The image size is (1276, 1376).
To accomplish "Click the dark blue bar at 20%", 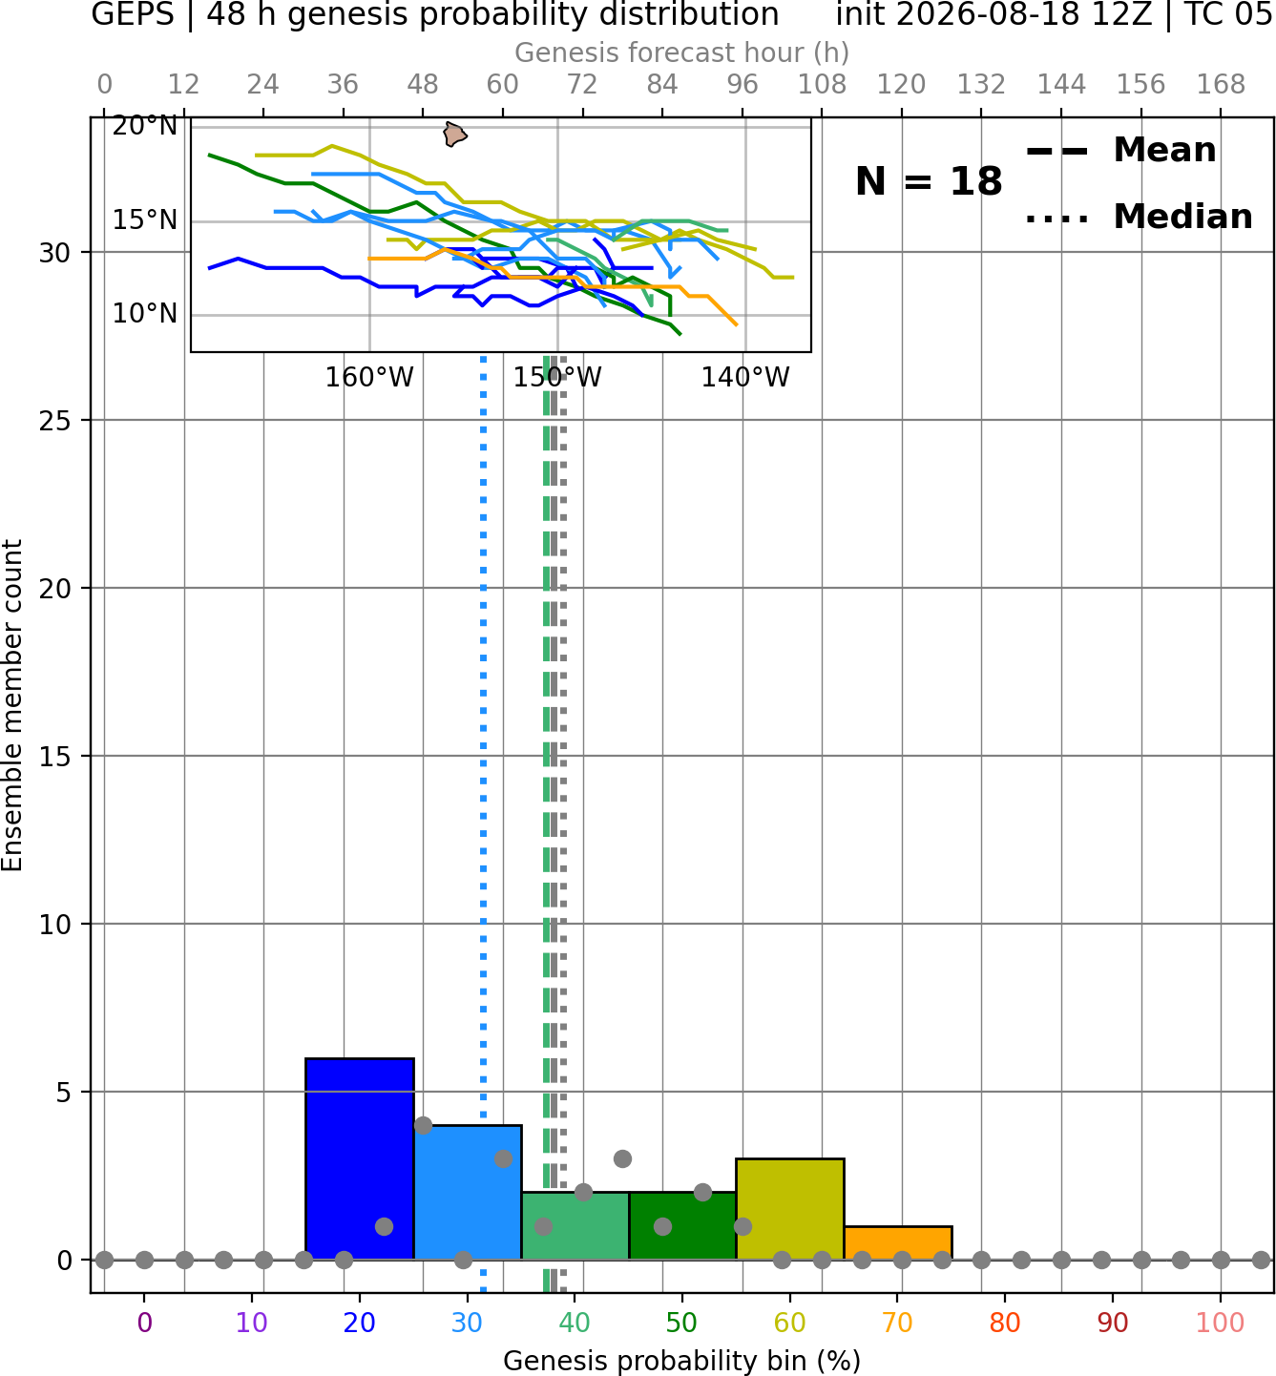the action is (x=360, y=1158).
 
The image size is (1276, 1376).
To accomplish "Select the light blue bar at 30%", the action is (x=468, y=1193).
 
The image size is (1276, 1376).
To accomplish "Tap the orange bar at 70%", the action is (x=898, y=1243).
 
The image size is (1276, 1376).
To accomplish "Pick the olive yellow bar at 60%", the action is (x=790, y=1209).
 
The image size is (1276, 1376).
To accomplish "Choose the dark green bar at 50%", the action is (x=682, y=1225).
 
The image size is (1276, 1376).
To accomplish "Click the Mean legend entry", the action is (x=1120, y=151).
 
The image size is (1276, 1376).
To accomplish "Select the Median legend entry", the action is (x=1139, y=217).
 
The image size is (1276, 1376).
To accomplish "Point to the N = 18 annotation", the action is (x=929, y=181).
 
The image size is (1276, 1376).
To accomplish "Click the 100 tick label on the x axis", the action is (x=1220, y=1323).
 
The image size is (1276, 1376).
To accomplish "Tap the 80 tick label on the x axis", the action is (x=1005, y=1323).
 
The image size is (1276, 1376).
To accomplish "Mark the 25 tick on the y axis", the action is (x=55, y=421).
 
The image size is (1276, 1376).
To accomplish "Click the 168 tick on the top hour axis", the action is (x=1222, y=85).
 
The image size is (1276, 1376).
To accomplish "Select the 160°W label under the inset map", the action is (x=369, y=378).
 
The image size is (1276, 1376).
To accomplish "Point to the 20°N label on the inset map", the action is (x=145, y=126).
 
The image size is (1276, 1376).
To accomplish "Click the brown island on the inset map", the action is (x=454, y=134).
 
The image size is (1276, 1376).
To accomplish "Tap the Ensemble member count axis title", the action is (x=11, y=705).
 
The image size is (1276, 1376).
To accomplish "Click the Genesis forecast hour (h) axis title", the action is (x=682, y=52).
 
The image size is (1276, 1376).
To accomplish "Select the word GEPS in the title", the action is (x=133, y=14).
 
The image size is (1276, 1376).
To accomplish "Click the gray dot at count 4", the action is (x=423, y=1125).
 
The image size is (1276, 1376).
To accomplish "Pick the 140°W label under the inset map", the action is (x=745, y=378).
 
